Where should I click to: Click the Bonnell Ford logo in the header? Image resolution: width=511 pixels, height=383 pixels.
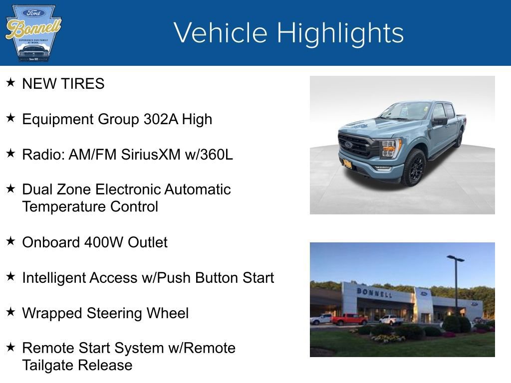[33, 33]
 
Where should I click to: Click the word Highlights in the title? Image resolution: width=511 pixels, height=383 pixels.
[340, 33]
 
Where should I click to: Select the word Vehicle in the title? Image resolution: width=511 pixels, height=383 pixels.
[221, 33]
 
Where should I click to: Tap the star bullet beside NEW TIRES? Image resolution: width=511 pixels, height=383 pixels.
[10, 82]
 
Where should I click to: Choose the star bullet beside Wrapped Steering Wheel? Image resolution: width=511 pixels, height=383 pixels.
[10, 312]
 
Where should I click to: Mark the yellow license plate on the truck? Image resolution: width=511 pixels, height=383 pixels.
[347, 164]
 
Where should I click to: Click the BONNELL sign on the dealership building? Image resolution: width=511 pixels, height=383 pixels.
[374, 292]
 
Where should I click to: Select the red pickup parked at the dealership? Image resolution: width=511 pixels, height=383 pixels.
[349, 319]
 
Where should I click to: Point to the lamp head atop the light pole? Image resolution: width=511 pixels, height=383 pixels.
[455, 258]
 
